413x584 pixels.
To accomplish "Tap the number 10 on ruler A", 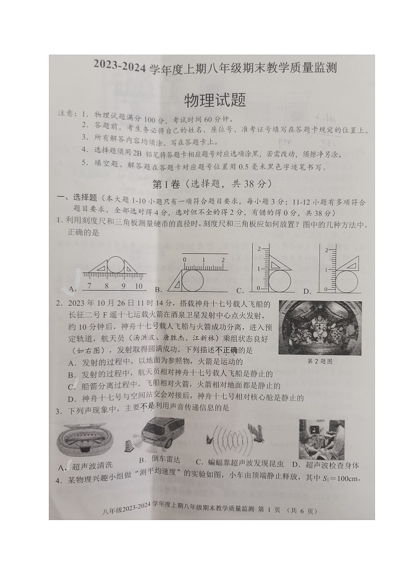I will [x=138, y=286].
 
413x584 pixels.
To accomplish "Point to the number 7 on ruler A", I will [x=90, y=286].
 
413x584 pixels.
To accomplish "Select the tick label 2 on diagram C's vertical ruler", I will [x=259, y=249].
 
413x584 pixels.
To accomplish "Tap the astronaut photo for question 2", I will [x=320, y=328].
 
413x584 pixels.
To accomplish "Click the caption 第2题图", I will [x=319, y=361].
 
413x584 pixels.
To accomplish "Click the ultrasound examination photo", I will [x=321, y=438].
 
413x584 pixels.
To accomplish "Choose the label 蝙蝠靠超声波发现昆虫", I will [x=239, y=463].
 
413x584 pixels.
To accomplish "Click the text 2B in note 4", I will [x=137, y=154].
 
